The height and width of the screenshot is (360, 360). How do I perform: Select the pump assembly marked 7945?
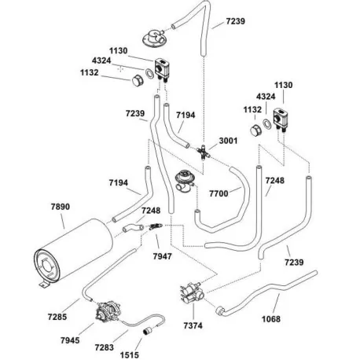click(105, 314)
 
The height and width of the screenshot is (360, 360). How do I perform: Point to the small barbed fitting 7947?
click(155, 228)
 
